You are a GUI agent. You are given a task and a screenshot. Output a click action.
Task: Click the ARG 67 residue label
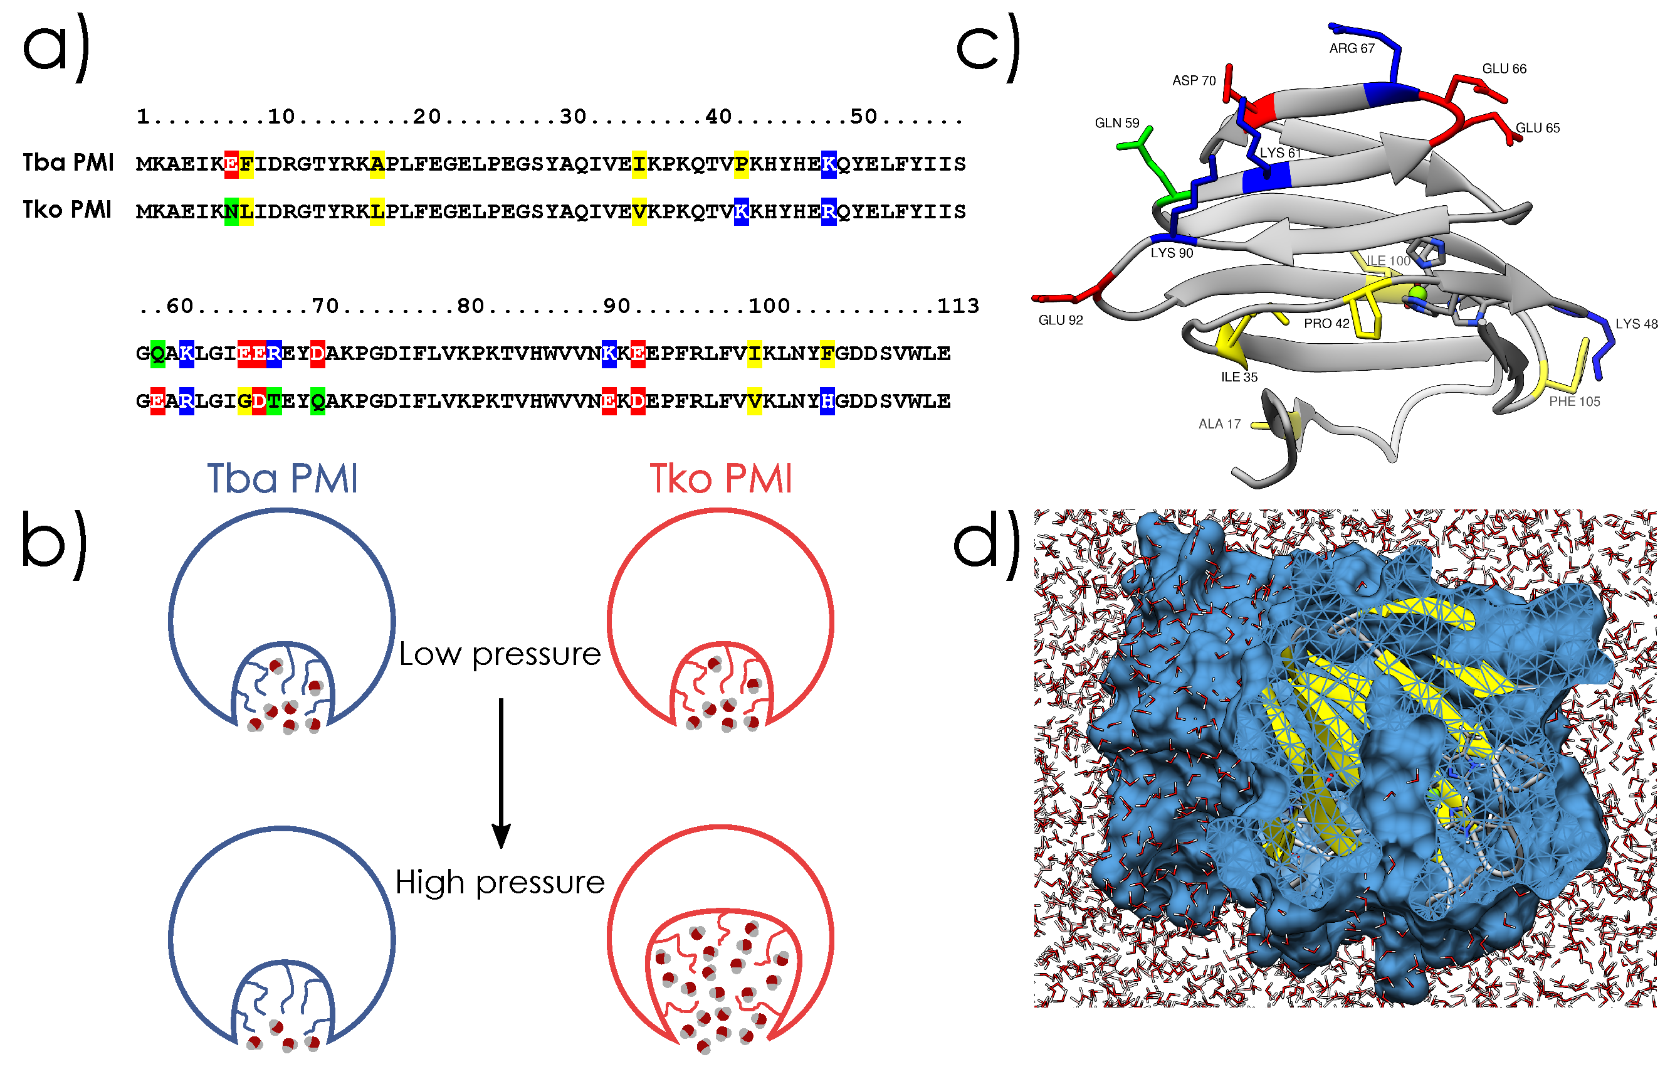(1351, 49)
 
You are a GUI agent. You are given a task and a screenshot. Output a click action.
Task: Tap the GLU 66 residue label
(1504, 69)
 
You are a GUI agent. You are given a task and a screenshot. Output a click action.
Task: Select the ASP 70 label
(1194, 81)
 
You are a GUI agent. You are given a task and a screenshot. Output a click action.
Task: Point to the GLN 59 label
(1116, 123)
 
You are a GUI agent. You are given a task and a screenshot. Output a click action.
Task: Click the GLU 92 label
(1060, 320)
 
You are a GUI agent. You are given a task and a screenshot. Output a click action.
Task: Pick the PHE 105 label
(1574, 402)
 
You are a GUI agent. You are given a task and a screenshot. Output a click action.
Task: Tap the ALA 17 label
(1219, 424)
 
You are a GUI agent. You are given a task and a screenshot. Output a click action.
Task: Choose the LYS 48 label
(1636, 324)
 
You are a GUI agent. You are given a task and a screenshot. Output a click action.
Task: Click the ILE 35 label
(1239, 377)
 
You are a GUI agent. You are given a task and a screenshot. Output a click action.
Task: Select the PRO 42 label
(1326, 324)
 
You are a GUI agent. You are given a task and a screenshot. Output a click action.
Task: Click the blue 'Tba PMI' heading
(283, 479)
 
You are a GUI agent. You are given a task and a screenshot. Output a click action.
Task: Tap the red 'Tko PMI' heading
(721, 479)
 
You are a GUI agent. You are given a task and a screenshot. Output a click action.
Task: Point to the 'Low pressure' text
(500, 654)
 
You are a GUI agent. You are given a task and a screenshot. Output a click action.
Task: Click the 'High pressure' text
(500, 883)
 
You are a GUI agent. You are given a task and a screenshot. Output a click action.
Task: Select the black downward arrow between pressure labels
(501, 772)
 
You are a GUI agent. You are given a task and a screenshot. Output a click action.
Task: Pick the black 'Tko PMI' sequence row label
(67, 210)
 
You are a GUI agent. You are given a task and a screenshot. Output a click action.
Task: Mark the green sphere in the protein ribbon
(1416, 294)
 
